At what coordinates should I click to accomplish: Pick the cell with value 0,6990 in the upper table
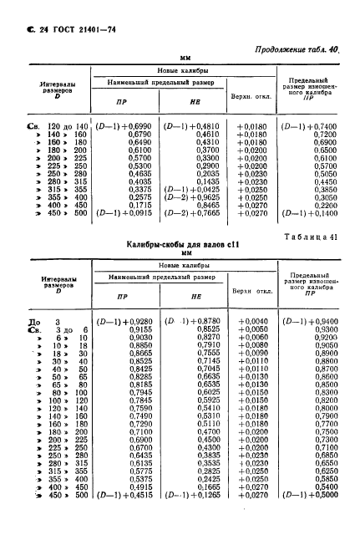click(139, 125)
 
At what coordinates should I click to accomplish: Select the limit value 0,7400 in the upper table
click(312, 125)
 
